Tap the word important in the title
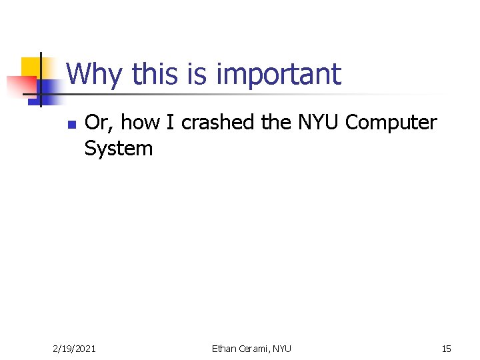[x=279, y=75]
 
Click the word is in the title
[x=197, y=74]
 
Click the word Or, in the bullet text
[x=99, y=123]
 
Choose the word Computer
[x=391, y=123]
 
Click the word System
[x=119, y=148]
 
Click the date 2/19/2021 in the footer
[x=74, y=348]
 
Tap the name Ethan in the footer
[x=225, y=348]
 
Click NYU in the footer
[x=282, y=348]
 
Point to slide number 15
[x=446, y=348]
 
